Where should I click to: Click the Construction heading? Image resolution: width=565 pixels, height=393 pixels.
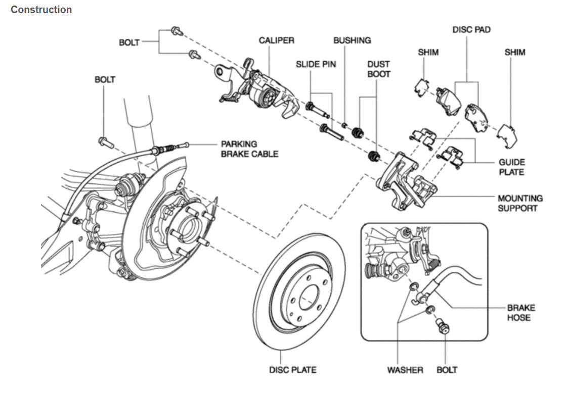[x=41, y=10]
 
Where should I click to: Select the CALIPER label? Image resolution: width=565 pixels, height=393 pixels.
[x=276, y=40]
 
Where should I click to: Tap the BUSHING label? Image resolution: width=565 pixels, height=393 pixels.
[x=352, y=40]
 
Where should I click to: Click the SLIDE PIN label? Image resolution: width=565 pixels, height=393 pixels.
[x=316, y=64]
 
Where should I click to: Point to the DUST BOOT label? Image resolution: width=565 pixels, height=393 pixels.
[x=379, y=69]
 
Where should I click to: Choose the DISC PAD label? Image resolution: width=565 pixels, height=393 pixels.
[x=471, y=30]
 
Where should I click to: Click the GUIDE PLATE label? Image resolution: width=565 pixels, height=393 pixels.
[x=511, y=167]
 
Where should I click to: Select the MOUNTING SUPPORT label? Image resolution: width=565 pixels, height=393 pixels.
[x=519, y=203]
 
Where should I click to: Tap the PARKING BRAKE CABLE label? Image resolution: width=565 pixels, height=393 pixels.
[x=249, y=149]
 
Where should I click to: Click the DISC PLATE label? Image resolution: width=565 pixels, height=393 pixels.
[x=292, y=370]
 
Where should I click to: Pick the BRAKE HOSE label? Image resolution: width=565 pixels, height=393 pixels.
[x=520, y=312]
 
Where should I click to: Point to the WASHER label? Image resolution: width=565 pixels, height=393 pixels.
[x=405, y=370]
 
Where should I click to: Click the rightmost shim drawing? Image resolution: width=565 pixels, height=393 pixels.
[x=509, y=134]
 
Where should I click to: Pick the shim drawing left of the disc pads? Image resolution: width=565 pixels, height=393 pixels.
[x=421, y=87]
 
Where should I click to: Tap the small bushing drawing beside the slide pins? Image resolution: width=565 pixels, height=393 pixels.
[x=343, y=125]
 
